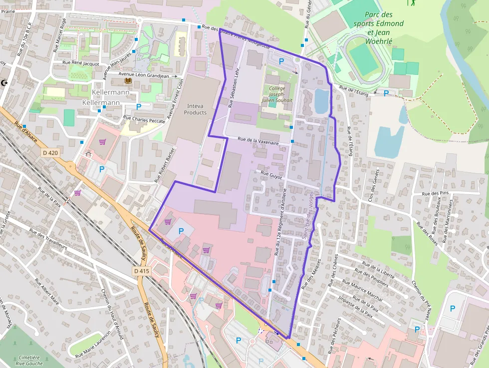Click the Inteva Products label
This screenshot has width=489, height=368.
point(195,109)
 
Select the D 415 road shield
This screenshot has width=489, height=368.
point(142,271)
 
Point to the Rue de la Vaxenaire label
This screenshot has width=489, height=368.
point(258,141)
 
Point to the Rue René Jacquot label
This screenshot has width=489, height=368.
point(81,63)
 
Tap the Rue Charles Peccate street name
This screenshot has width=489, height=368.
point(144,119)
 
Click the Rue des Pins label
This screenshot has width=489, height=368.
point(436,193)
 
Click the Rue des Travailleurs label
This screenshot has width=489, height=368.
point(48,240)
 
